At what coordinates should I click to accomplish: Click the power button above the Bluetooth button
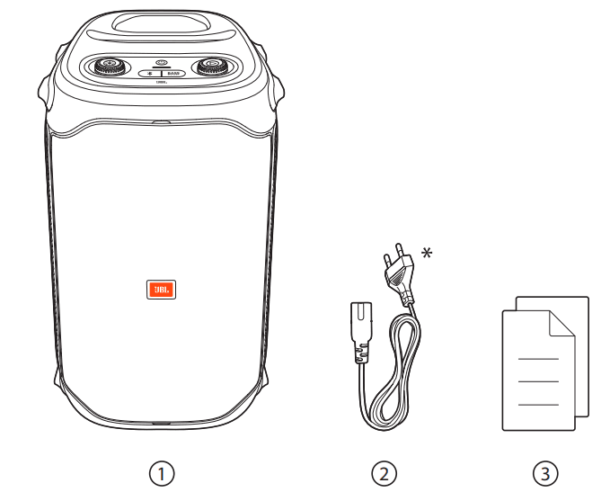(163, 62)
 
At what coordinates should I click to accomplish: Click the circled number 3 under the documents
(543, 471)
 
